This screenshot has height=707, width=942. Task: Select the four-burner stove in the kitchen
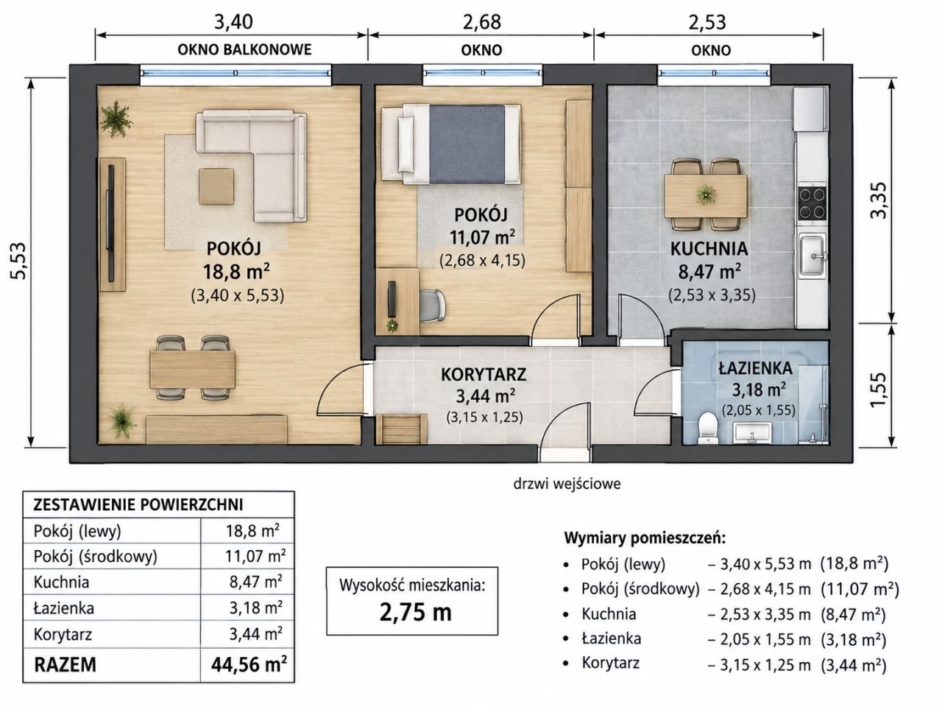click(812, 203)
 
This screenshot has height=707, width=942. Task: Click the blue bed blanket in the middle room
click(467, 144)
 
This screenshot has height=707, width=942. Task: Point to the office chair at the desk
click(433, 306)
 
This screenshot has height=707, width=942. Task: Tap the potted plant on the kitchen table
click(706, 194)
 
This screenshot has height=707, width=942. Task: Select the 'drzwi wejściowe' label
click(567, 484)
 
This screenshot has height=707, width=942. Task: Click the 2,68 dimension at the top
click(481, 22)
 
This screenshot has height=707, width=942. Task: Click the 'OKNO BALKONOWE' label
click(244, 50)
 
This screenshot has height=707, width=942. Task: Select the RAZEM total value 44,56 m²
click(249, 664)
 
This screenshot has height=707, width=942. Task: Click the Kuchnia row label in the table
click(61, 582)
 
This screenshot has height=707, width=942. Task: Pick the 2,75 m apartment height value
click(415, 613)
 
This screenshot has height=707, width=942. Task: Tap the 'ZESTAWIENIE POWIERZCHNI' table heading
click(138, 504)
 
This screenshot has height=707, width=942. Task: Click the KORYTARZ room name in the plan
click(484, 374)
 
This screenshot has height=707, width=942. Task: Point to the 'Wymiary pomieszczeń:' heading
click(645, 538)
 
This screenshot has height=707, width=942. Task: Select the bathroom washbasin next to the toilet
click(753, 432)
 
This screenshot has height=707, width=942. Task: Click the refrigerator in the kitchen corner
click(810, 109)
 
